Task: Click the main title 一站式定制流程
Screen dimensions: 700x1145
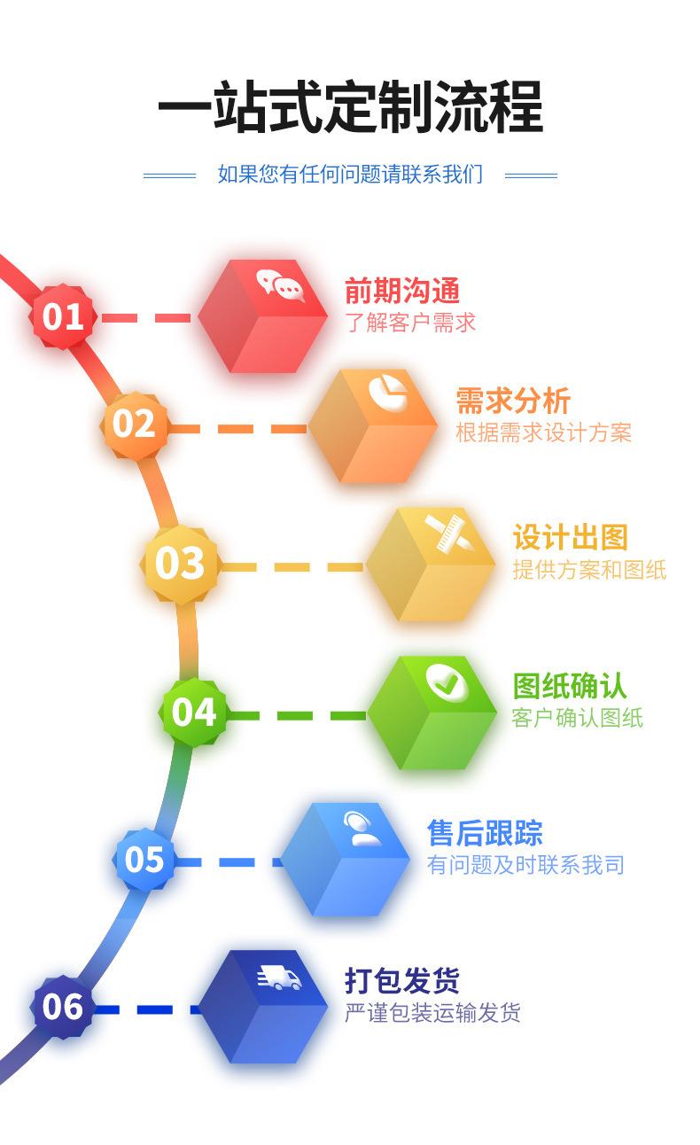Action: pyautogui.click(x=350, y=107)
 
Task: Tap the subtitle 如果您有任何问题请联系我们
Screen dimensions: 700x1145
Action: pyautogui.click(x=350, y=175)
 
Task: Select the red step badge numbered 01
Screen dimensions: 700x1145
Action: pyautogui.click(x=63, y=316)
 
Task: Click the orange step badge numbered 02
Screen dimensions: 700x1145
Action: pyautogui.click(x=134, y=424)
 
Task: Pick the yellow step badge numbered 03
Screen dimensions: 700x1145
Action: pyautogui.click(x=180, y=564)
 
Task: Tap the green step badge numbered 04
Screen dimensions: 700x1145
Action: pyautogui.click(x=194, y=712)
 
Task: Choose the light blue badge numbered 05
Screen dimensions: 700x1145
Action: pyautogui.click(x=144, y=859)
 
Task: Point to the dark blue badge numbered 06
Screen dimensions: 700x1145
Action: pyautogui.click(x=63, y=1007)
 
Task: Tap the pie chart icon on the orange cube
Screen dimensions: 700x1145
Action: pyautogui.click(x=388, y=393)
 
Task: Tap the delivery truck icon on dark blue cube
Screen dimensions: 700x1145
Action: pyautogui.click(x=280, y=978)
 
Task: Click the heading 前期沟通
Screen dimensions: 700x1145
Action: pyautogui.click(x=402, y=291)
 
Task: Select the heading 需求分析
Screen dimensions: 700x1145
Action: pyautogui.click(x=513, y=401)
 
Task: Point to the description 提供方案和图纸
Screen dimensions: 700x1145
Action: pyautogui.click(x=589, y=570)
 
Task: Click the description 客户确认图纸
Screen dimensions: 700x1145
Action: pyautogui.click(x=577, y=717)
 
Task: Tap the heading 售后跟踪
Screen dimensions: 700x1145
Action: pyautogui.click(x=485, y=833)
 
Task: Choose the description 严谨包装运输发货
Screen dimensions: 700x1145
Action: pyautogui.click(x=432, y=1013)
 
